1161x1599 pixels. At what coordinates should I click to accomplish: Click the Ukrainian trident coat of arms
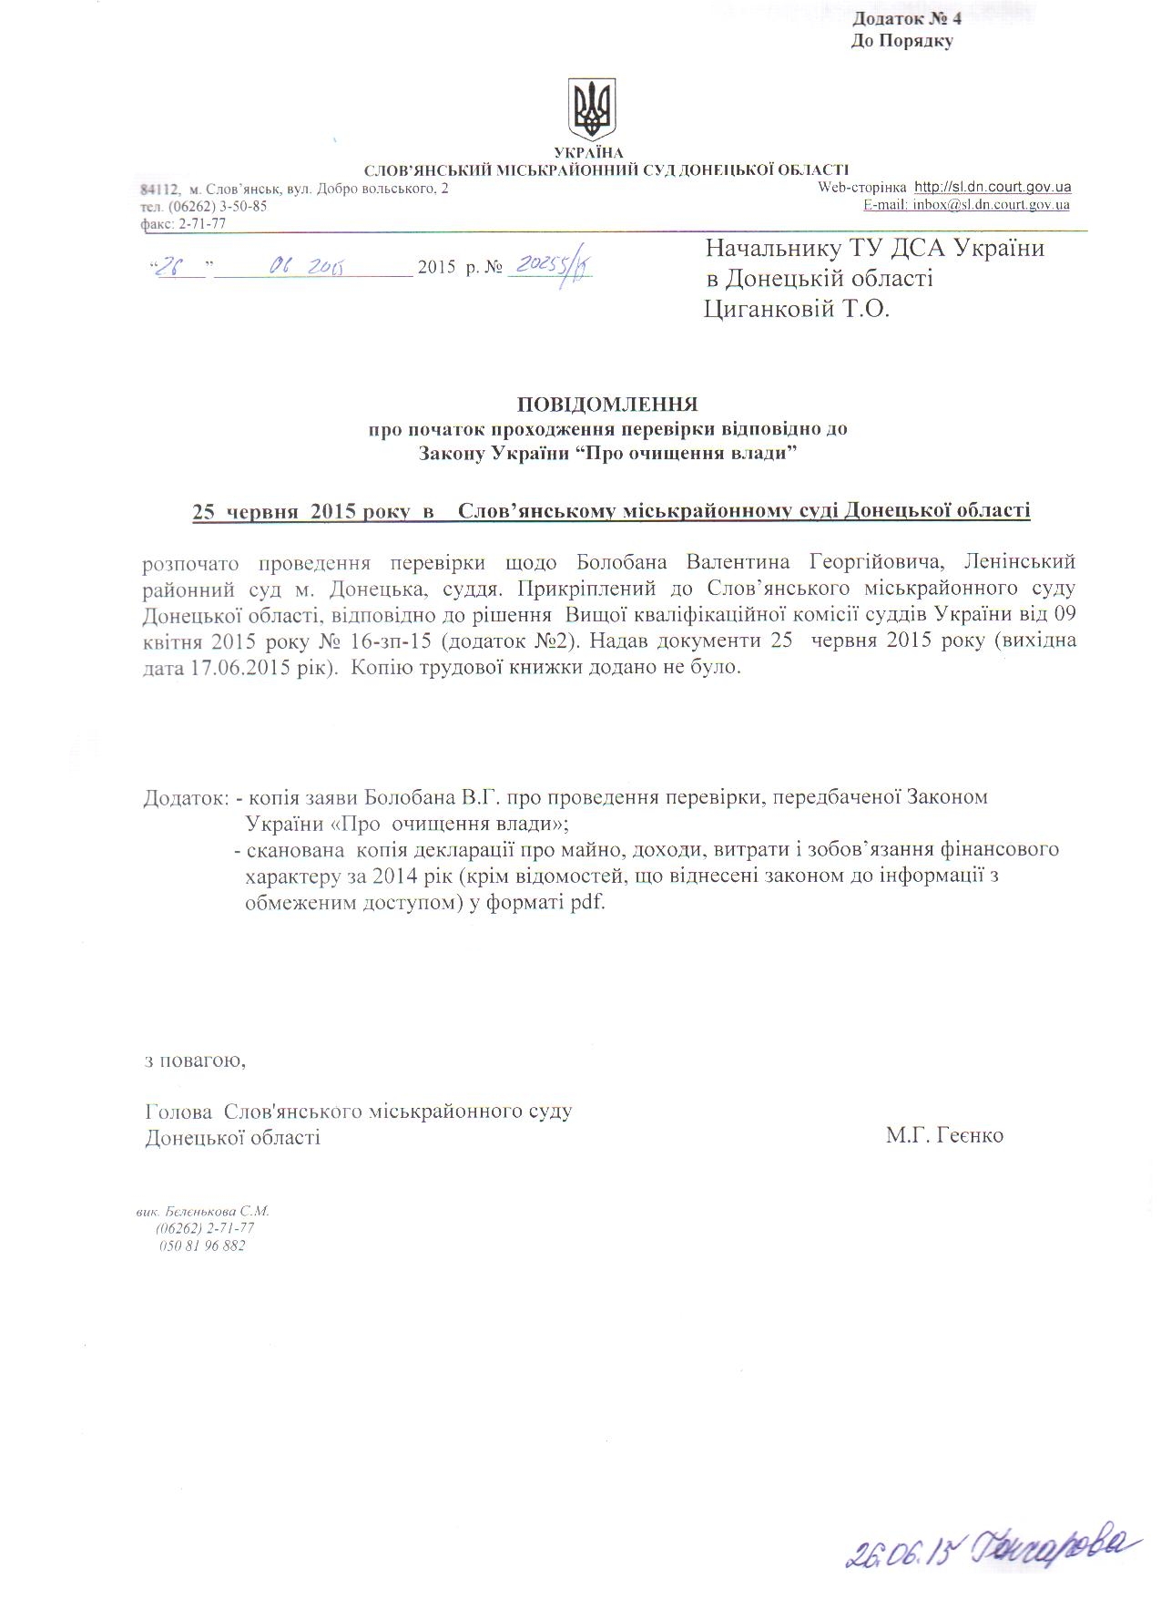point(592,108)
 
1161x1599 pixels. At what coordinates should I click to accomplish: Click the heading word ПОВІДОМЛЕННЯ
point(607,403)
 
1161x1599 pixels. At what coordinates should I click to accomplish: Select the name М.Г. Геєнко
point(944,1136)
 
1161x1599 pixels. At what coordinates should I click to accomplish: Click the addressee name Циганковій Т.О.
point(797,310)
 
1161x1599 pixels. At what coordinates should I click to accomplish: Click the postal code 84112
point(158,189)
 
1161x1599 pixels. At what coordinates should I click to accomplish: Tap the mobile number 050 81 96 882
point(202,1245)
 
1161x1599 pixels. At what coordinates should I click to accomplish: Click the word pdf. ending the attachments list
point(587,905)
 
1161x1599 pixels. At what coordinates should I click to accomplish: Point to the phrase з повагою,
point(196,1061)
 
